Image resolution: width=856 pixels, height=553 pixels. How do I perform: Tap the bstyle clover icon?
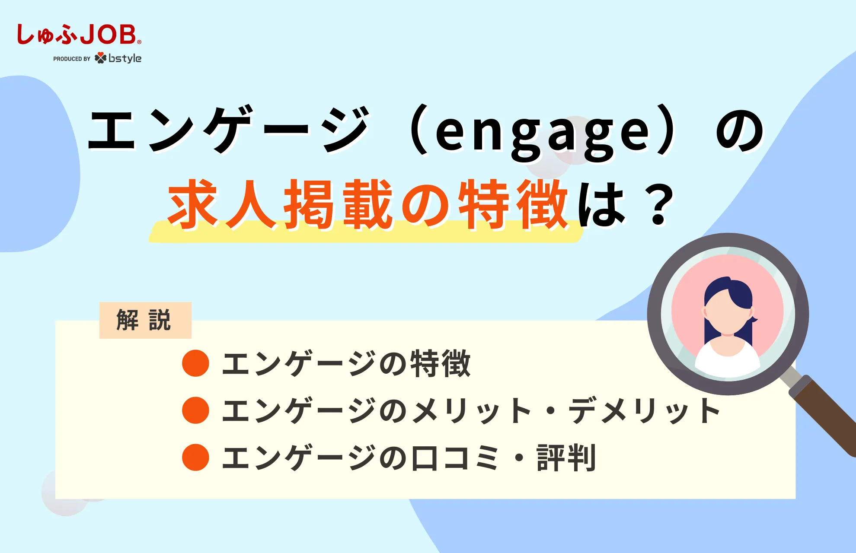click(100, 58)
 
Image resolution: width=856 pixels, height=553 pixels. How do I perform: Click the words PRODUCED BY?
click(72, 59)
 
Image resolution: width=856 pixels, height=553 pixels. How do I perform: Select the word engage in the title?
click(542, 132)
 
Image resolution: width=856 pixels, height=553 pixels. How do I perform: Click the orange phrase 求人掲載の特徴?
click(367, 204)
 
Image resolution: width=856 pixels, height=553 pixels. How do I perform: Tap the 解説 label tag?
click(145, 320)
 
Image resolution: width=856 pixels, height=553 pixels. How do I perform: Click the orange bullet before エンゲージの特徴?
click(195, 363)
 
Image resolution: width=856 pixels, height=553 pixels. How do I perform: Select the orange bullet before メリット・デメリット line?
click(195, 410)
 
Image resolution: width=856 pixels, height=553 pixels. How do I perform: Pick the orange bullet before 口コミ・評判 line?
click(195, 457)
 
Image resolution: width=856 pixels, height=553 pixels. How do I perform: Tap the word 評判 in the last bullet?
click(566, 458)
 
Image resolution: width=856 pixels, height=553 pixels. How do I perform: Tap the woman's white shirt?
click(728, 361)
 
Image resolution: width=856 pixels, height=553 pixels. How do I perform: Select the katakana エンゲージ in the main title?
click(229, 130)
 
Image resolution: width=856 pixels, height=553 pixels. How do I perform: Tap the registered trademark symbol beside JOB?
click(139, 42)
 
